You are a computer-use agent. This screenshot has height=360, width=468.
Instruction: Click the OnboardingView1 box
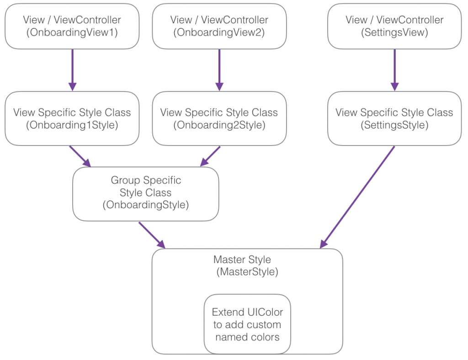72,26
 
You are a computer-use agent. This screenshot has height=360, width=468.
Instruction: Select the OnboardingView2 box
219,26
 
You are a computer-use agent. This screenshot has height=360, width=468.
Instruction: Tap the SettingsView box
394,26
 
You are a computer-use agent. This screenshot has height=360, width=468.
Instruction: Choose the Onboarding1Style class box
72,118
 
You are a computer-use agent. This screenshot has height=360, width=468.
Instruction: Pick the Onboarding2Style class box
219,118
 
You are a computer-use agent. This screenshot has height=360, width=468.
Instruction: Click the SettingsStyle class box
394,118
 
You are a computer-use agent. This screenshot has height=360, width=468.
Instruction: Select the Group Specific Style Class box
145,193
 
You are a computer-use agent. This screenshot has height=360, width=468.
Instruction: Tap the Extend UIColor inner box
247,324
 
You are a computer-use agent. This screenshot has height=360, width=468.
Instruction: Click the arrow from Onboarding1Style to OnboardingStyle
80,156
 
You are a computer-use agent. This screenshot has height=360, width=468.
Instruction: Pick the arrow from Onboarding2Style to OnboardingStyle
211,156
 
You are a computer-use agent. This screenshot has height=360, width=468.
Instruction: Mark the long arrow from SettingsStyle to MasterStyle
357,197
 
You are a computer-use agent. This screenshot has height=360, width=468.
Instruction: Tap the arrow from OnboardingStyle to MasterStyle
151,235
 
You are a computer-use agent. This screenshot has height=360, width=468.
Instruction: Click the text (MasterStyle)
247,272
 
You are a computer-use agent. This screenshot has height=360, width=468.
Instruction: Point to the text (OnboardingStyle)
145,204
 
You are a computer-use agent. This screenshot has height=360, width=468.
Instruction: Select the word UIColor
265,312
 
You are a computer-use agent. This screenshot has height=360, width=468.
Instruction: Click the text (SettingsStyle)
394,125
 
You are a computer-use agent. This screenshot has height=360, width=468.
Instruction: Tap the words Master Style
242,260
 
